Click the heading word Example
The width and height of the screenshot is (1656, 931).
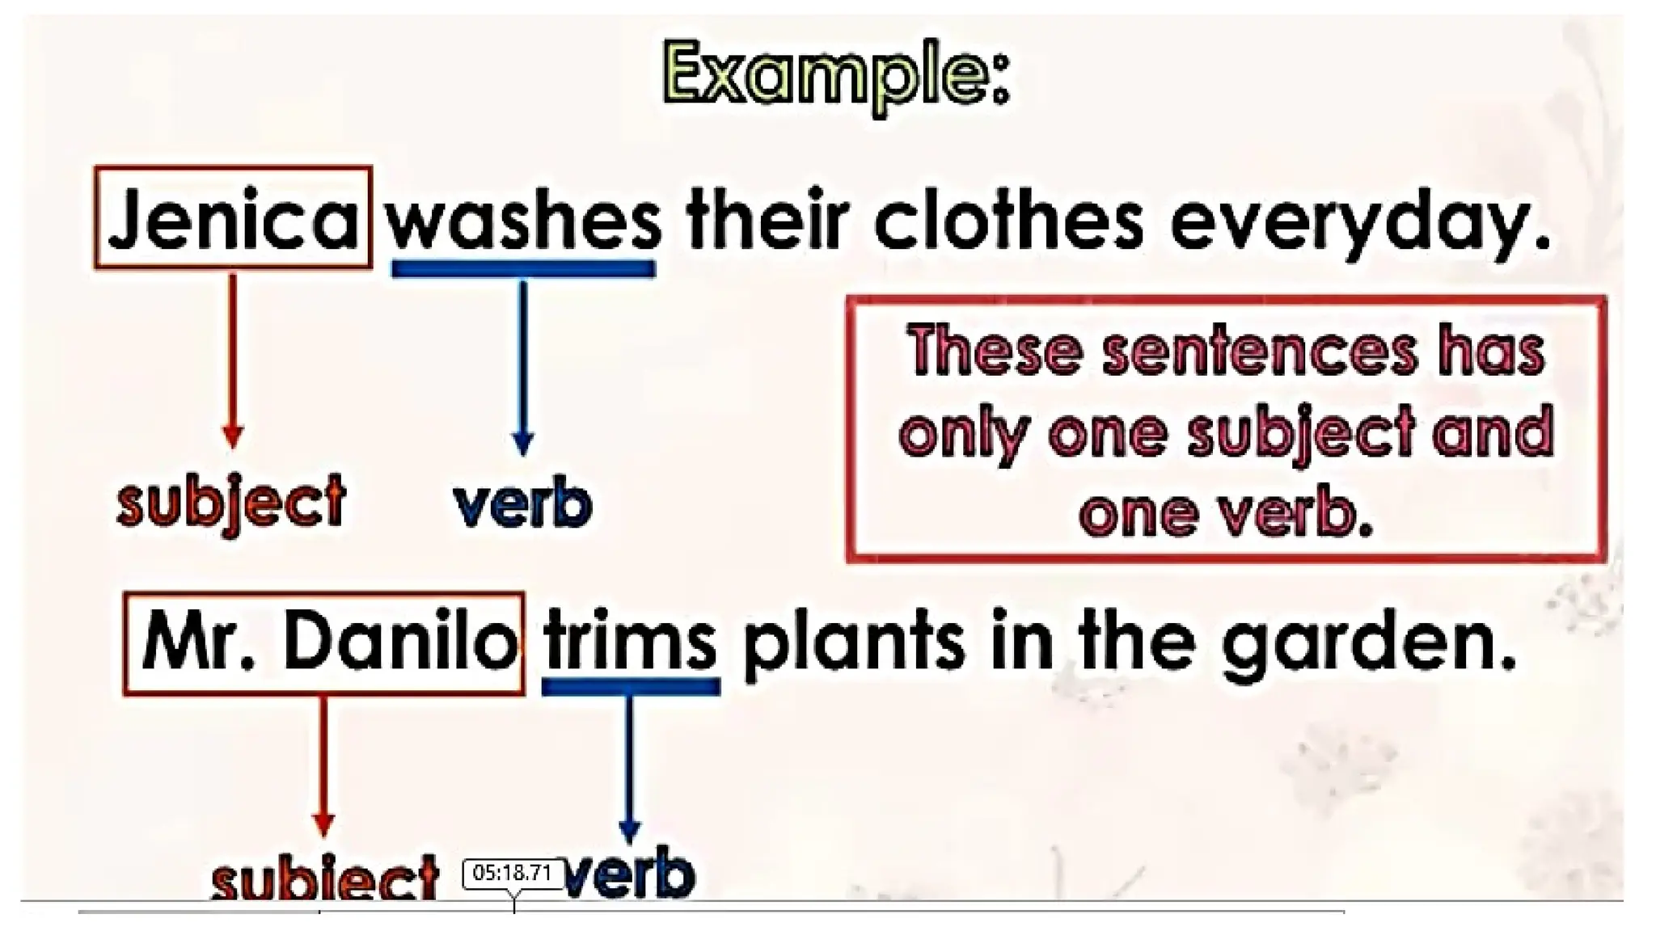(836, 78)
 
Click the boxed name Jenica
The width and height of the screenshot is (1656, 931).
(233, 218)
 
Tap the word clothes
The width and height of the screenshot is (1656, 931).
(1008, 220)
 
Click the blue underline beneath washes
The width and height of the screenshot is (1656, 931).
(523, 269)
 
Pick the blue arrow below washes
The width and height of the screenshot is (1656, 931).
(523, 368)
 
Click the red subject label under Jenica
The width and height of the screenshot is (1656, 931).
(232, 501)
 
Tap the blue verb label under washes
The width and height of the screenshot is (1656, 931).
(522, 504)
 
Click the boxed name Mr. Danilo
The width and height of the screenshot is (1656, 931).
(325, 644)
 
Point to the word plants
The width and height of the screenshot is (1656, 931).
(853, 644)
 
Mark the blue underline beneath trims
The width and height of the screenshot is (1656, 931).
(631, 687)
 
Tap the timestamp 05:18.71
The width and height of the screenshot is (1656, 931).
(513, 874)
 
